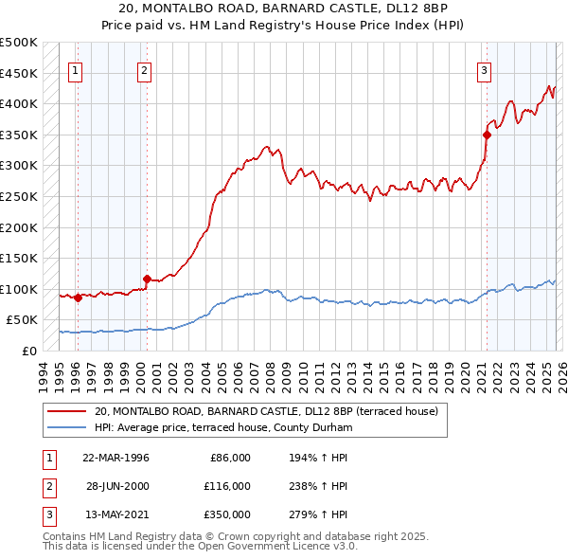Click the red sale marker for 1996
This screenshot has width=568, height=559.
[78, 298]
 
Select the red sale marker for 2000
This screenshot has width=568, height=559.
[147, 279]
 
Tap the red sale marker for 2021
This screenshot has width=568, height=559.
[487, 135]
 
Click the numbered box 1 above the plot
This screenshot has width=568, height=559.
[75, 69]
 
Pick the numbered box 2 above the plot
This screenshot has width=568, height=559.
[144, 69]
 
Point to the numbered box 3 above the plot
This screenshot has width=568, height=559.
[484, 69]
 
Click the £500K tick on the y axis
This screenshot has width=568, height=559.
[19, 43]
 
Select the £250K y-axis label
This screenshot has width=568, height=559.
[19, 196]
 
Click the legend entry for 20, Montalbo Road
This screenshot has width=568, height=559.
[266, 412]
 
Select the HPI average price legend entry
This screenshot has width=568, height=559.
[223, 428]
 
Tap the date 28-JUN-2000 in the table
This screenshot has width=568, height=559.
[117, 486]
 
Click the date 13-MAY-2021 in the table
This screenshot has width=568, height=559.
[117, 514]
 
